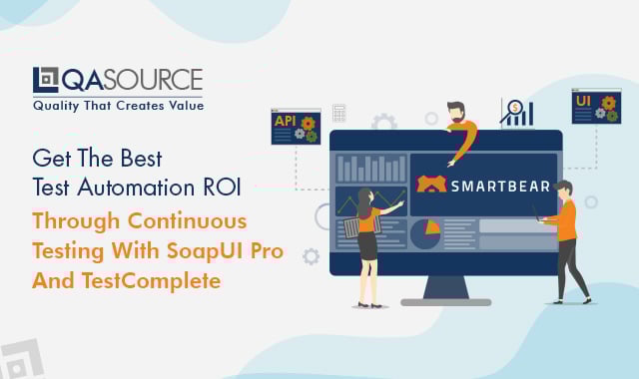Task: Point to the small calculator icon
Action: [x=339, y=114]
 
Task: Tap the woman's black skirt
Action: [x=367, y=244]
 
